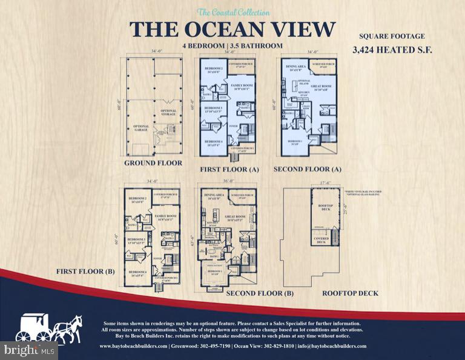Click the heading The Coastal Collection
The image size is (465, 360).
(x=232, y=12)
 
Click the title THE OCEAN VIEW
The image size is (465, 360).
(x=232, y=29)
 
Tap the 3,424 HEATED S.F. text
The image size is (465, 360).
(x=392, y=50)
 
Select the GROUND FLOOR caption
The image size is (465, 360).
(x=153, y=163)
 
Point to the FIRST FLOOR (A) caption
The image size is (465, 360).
(x=229, y=170)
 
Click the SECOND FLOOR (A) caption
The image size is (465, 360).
(x=308, y=168)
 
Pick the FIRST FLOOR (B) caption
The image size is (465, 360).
(x=85, y=271)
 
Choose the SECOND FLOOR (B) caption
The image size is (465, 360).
(x=260, y=293)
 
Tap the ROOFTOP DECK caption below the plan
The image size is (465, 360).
(x=350, y=293)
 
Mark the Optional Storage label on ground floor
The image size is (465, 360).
(x=168, y=112)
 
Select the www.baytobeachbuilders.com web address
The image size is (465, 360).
(x=133, y=346)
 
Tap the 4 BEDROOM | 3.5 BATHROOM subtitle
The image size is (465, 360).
(x=232, y=46)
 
